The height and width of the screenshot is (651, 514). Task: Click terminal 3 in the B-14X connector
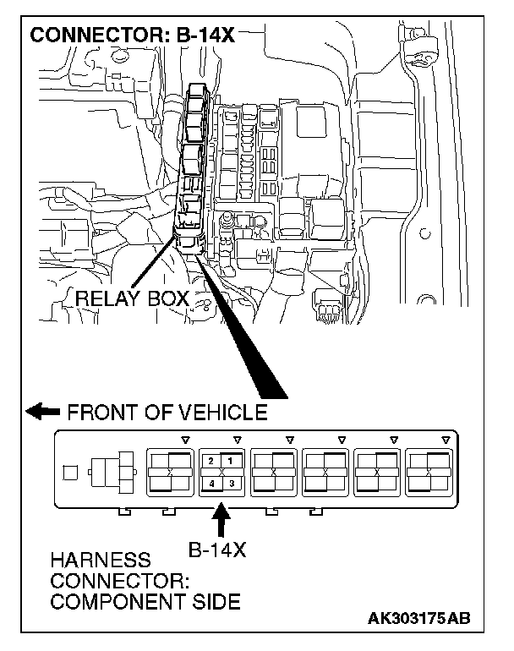click(x=230, y=483)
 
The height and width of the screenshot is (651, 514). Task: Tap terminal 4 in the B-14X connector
click(x=211, y=483)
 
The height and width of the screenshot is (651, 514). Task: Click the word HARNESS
click(x=100, y=561)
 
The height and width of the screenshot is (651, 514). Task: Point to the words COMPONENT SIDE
click(x=145, y=603)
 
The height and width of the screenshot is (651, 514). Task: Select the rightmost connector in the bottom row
click(x=429, y=471)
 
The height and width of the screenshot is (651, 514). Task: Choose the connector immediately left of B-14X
click(x=169, y=471)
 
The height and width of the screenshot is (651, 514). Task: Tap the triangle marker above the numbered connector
click(x=237, y=440)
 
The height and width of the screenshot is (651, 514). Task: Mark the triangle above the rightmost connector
click(x=446, y=440)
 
